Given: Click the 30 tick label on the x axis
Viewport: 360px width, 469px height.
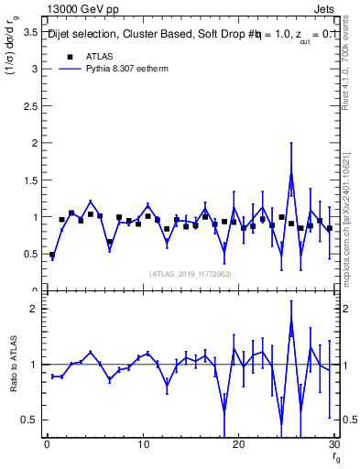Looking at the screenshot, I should (x=333, y=444).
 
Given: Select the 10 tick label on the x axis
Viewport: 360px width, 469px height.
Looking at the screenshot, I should (x=142, y=444).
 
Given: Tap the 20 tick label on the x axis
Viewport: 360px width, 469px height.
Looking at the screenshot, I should (x=238, y=444).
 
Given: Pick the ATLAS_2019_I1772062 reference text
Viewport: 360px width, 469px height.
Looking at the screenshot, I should (x=191, y=273).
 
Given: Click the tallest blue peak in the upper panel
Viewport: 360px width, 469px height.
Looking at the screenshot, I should (x=291, y=173).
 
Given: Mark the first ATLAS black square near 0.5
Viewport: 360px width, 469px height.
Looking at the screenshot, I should (x=52, y=255).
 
